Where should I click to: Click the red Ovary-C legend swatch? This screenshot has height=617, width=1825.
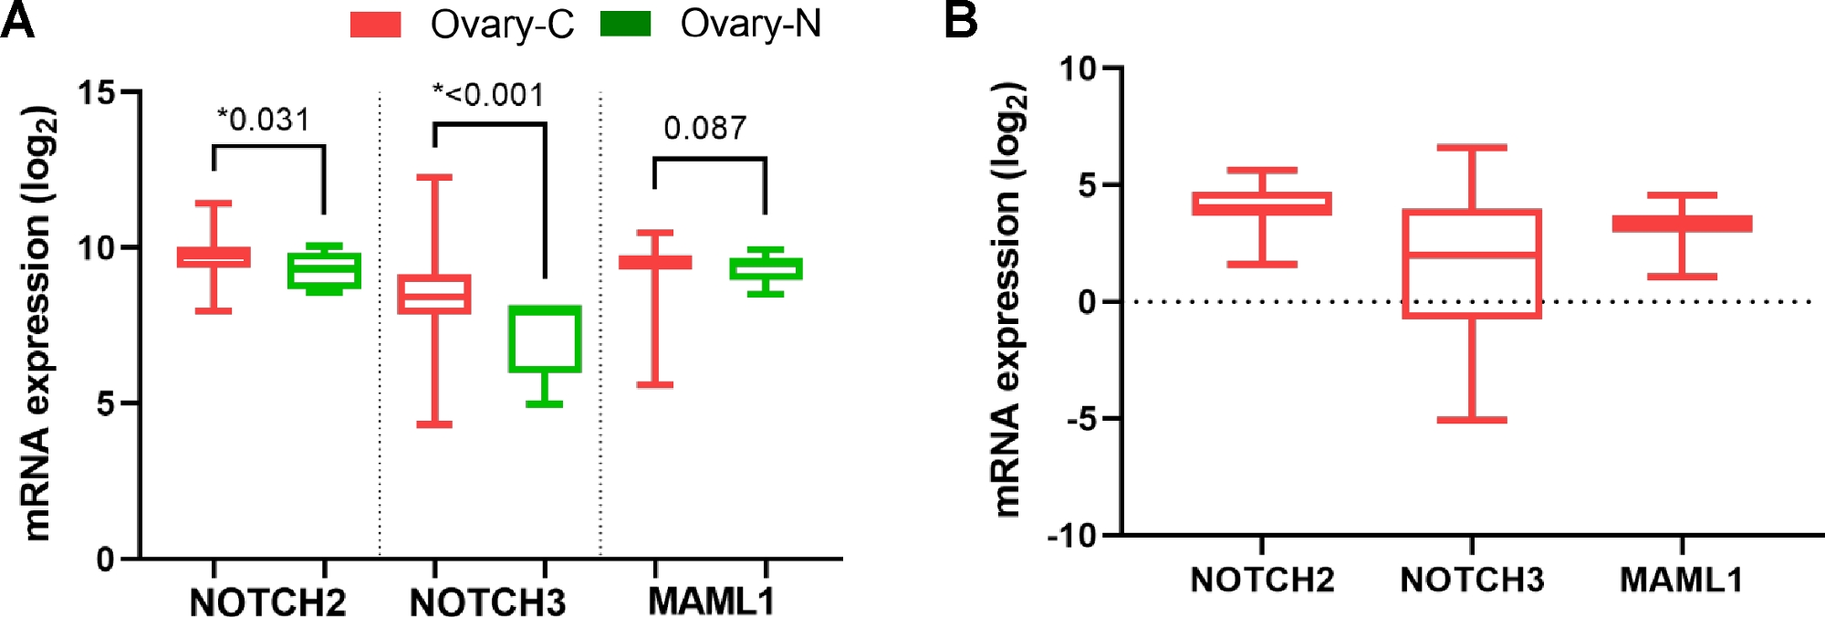click(x=375, y=25)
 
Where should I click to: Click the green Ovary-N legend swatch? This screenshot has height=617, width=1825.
click(x=625, y=24)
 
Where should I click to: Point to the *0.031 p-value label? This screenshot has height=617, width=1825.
click(x=264, y=120)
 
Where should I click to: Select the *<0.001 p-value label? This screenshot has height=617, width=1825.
click(x=488, y=95)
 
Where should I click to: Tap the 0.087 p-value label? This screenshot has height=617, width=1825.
click(x=704, y=129)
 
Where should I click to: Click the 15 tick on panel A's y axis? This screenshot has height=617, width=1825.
click(x=97, y=92)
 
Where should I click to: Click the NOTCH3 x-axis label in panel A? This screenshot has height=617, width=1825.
click(x=487, y=601)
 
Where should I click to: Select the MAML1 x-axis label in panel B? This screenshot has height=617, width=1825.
click(x=1681, y=580)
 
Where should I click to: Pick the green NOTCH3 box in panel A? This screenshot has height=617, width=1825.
click(x=545, y=339)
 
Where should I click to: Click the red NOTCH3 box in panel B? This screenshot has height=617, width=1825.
click(x=1472, y=264)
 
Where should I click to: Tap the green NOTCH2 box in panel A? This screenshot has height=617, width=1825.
click(x=324, y=270)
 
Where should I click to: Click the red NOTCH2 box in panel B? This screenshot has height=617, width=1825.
click(x=1262, y=204)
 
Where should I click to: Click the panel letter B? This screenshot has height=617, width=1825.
click(x=961, y=20)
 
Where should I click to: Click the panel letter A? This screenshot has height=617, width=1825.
click(x=17, y=20)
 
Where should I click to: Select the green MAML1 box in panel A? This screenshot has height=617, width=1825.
click(x=766, y=268)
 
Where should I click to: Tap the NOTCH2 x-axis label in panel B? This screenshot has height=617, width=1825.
click(x=1262, y=580)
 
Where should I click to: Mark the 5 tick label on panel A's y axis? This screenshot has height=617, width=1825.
click(x=106, y=403)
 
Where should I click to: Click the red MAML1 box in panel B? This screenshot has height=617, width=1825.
click(x=1682, y=224)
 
